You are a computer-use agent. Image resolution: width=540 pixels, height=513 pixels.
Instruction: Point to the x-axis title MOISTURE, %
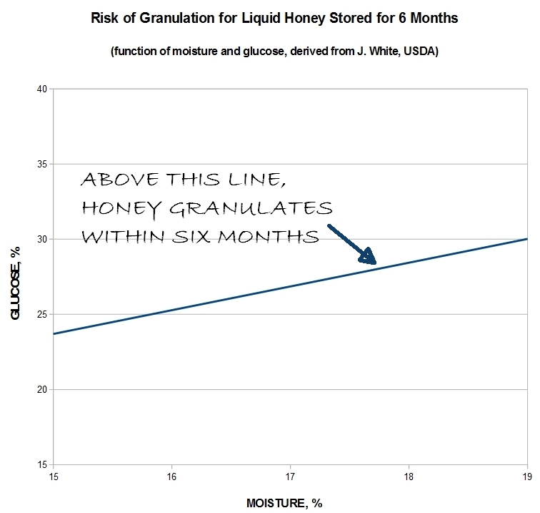point(289,502)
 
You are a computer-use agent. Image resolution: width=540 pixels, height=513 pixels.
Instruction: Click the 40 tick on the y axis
point(41,89)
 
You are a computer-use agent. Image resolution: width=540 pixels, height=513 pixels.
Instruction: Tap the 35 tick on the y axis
point(41,164)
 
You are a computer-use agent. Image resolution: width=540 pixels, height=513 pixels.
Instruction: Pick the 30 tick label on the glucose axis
point(41,239)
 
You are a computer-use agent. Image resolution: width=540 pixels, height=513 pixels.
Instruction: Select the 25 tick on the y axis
point(41,314)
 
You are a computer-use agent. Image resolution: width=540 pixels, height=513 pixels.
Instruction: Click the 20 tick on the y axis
point(41,389)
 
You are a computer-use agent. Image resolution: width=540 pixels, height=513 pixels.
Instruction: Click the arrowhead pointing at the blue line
point(368,256)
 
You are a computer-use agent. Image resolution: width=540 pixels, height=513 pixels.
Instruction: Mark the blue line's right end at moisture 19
point(526,239)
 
